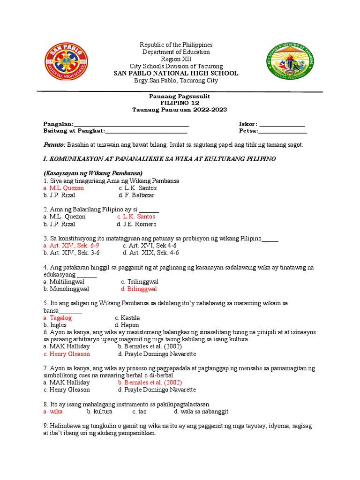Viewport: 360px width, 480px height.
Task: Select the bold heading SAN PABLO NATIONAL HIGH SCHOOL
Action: tap(176, 73)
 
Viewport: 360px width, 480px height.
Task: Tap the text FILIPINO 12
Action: tap(180, 102)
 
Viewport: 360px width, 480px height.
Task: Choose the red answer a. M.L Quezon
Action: tap(63, 188)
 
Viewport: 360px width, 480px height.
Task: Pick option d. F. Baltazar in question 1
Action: tap(136, 195)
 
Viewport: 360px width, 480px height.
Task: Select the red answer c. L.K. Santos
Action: tap(136, 217)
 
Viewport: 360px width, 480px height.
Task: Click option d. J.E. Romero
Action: tap(137, 224)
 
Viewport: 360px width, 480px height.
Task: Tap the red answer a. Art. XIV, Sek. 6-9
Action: tap(71, 245)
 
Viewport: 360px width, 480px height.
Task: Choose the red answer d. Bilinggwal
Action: tap(139, 289)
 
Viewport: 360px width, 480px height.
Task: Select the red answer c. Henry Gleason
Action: tap(66, 354)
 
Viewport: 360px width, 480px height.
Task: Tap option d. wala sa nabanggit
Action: tap(201, 412)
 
